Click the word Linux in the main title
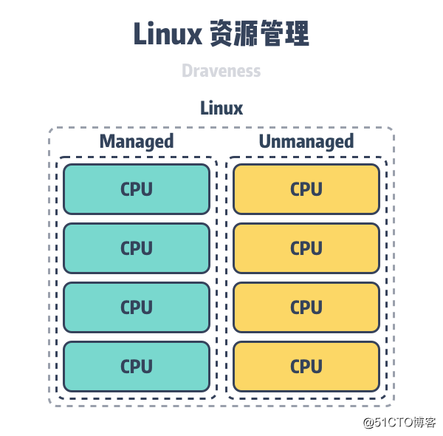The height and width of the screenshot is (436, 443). click(x=168, y=35)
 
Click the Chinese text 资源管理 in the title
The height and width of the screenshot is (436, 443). click(x=259, y=35)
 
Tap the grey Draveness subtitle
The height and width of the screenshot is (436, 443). click(x=221, y=71)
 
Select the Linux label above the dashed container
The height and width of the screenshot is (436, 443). click(x=221, y=108)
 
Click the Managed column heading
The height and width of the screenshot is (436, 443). click(x=137, y=141)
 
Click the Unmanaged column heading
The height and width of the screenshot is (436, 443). click(x=306, y=141)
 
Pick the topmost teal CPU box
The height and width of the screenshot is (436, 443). click(x=137, y=189)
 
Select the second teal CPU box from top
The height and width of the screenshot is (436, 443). click(x=137, y=248)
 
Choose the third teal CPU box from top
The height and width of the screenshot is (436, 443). click(x=137, y=307)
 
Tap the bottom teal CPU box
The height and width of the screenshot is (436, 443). click(x=137, y=366)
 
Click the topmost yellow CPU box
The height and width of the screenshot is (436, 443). click(x=306, y=189)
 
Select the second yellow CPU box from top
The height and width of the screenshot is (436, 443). click(x=306, y=248)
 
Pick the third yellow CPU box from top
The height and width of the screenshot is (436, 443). click(x=306, y=307)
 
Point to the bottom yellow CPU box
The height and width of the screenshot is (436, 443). click(x=306, y=366)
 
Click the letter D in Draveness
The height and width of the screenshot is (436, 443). click(x=187, y=71)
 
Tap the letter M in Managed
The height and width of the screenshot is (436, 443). click(x=108, y=141)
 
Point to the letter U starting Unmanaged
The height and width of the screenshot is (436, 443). click(x=264, y=141)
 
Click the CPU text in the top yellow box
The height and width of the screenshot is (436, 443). click(x=306, y=189)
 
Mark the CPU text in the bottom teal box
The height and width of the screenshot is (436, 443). click(x=137, y=366)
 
